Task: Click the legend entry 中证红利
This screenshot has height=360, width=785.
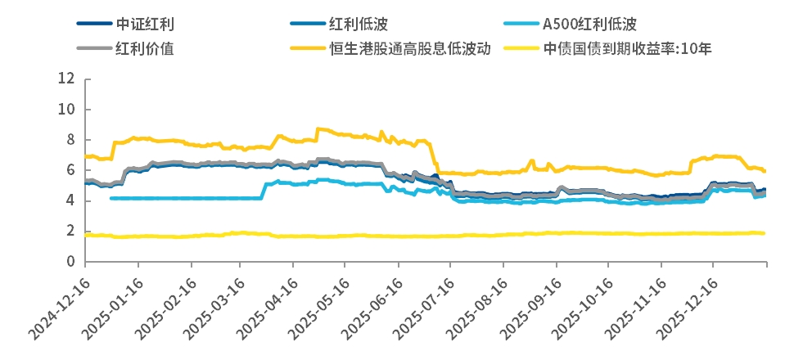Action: [145, 25]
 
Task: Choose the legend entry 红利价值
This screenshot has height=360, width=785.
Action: [145, 47]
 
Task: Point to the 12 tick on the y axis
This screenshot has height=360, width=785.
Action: [67, 79]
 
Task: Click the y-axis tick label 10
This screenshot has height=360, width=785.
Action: [67, 109]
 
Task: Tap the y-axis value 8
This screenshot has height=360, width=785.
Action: [71, 140]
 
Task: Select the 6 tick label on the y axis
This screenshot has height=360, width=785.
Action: [71, 170]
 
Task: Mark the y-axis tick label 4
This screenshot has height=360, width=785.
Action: [71, 200]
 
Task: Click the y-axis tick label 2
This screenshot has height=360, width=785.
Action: [71, 232]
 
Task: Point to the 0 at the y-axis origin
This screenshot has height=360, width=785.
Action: [71, 262]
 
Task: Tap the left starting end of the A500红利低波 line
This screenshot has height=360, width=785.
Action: [111, 198]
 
